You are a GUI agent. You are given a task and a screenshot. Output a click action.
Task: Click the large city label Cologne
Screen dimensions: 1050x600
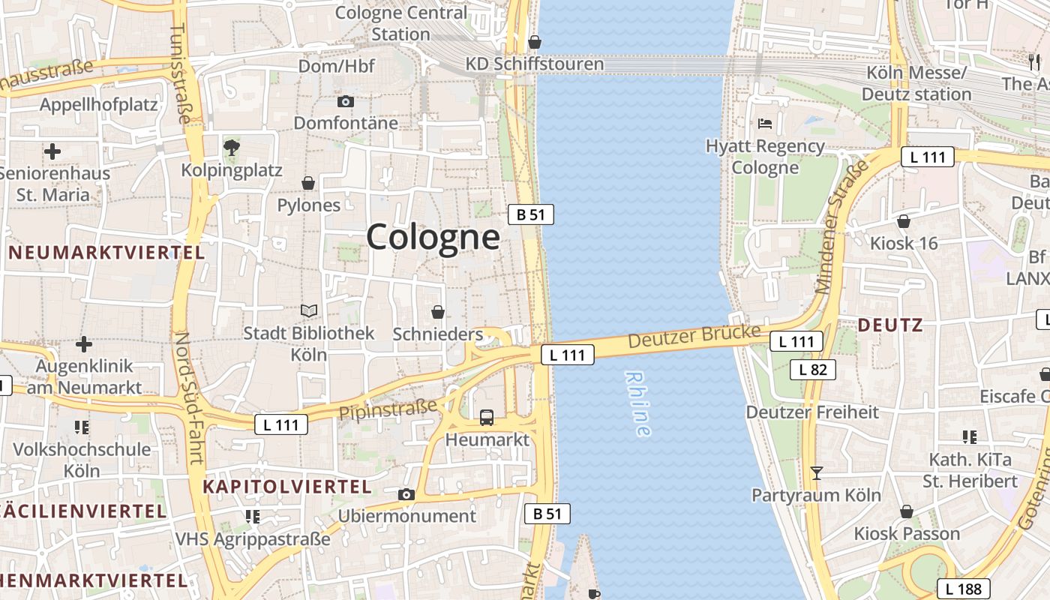point(433,238)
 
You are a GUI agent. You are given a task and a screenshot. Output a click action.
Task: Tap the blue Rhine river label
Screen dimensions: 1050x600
point(637,403)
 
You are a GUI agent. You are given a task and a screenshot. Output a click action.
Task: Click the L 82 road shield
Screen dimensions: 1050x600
point(813,369)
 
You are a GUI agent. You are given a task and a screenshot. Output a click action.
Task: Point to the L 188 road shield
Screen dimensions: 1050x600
point(964,589)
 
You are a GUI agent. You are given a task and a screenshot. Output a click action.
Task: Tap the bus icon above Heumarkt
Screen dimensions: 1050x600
point(487,418)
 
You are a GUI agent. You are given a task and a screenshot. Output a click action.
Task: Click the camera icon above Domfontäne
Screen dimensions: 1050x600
point(345,101)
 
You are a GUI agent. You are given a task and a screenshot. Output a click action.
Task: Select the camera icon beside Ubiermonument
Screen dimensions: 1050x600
point(406,494)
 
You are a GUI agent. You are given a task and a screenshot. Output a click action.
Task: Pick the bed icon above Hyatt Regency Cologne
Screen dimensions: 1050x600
point(765,123)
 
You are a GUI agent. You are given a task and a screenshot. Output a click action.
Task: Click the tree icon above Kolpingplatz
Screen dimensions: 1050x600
point(232,147)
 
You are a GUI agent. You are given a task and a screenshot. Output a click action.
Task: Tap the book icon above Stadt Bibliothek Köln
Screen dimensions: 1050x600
point(308,310)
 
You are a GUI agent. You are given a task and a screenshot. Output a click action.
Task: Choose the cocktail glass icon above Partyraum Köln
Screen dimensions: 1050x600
point(817,473)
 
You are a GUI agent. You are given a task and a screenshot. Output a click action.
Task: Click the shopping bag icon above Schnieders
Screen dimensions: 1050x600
point(438,312)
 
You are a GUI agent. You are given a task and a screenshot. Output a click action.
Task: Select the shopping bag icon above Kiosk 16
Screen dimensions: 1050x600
point(904,221)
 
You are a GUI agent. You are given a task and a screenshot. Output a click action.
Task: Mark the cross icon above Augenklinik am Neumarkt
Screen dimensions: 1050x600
point(84,344)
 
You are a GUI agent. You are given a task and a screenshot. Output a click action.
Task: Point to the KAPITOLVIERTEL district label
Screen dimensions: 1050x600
point(287,487)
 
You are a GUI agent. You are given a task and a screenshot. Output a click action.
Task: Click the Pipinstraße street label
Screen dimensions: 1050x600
point(388,410)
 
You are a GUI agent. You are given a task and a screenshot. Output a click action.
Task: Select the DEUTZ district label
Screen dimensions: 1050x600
point(889,325)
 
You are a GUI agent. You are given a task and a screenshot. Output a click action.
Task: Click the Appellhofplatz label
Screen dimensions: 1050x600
point(99,104)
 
